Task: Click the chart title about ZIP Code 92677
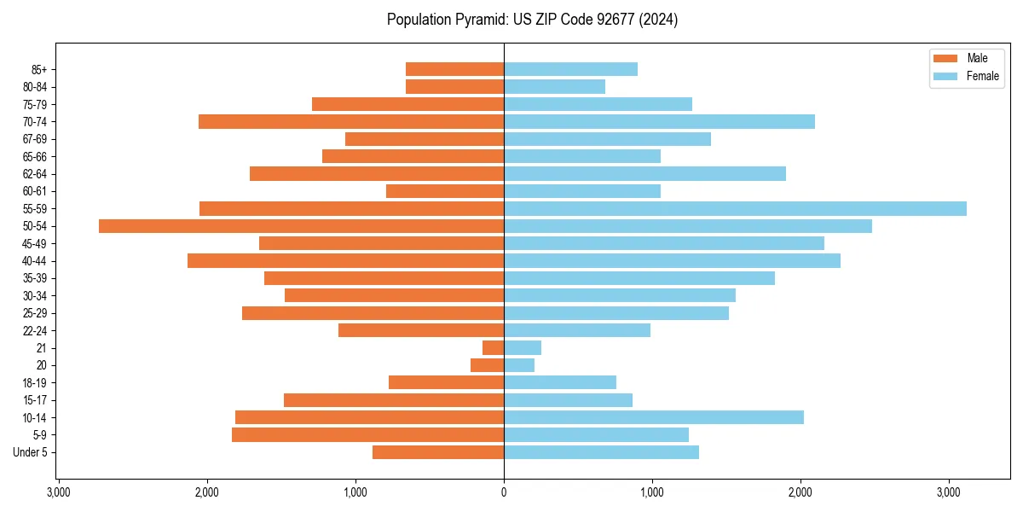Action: (532, 20)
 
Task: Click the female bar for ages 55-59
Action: (735, 209)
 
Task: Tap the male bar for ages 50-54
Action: (301, 226)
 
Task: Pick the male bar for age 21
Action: (493, 348)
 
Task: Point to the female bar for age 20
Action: (519, 365)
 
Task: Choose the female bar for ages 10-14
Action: (654, 417)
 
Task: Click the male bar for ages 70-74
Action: (351, 122)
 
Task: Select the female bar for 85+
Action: (570, 69)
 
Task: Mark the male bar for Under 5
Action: (438, 452)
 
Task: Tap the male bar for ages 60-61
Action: (445, 191)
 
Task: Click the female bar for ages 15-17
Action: (568, 400)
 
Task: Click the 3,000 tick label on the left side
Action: (59, 492)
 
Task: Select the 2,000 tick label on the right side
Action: (800, 492)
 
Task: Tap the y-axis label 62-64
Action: (35, 174)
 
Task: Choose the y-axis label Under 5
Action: (30, 452)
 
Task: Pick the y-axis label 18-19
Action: (35, 383)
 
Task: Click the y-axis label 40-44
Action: (35, 261)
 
